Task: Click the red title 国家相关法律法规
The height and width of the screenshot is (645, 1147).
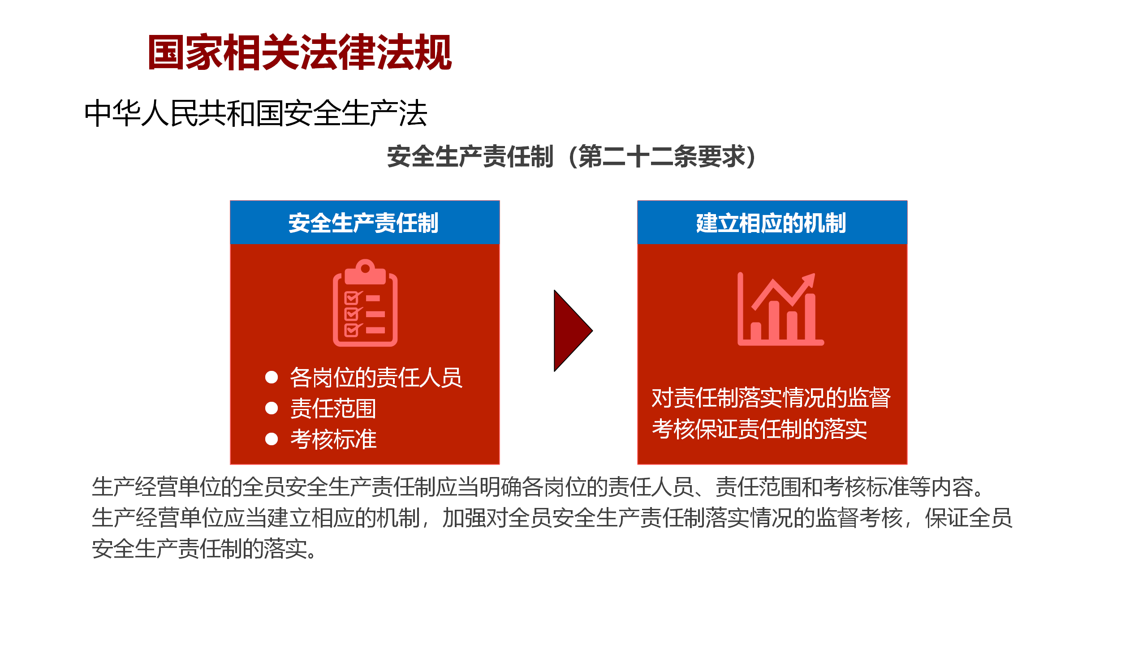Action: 300,52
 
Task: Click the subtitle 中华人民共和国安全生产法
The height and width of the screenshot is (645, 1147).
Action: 256,113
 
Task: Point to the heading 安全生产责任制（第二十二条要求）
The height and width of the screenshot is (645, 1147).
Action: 571,156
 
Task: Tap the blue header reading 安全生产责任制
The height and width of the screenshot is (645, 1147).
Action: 365,223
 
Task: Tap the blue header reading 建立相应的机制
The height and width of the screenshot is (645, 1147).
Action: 772,223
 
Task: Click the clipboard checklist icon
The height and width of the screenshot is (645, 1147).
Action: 365,303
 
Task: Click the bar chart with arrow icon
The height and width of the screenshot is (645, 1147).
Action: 780,309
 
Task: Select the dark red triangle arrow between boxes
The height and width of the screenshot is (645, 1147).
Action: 573,331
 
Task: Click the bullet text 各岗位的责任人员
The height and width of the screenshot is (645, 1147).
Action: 376,377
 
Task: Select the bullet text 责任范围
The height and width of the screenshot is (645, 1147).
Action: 333,408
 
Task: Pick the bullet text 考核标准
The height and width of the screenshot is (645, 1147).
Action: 333,439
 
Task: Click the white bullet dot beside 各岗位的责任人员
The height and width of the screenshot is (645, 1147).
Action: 272,377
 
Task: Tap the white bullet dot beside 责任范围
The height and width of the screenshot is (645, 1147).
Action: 272,408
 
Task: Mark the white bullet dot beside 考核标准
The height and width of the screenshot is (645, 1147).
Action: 272,439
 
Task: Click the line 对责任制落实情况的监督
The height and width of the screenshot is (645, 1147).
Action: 771,398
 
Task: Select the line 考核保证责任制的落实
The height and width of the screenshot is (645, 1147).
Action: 759,429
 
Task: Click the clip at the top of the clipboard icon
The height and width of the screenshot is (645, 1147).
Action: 365,271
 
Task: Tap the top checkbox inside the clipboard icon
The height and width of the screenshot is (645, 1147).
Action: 353,297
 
